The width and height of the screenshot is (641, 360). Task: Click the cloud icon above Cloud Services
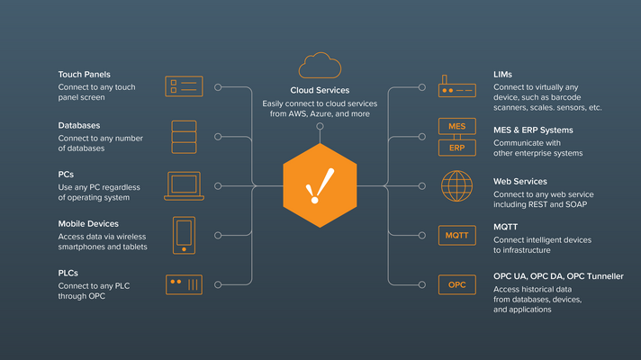click(x=320, y=66)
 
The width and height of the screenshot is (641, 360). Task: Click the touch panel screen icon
click(x=184, y=86)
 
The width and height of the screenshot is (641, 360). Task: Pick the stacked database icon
click(x=184, y=136)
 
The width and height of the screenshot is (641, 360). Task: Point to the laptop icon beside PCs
click(x=184, y=186)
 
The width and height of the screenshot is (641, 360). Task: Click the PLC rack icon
click(x=184, y=284)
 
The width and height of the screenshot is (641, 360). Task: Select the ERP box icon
click(x=456, y=147)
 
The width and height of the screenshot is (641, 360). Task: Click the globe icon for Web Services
click(x=456, y=186)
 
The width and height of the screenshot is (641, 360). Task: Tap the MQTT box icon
click(x=456, y=236)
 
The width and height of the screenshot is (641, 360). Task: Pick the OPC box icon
click(x=456, y=284)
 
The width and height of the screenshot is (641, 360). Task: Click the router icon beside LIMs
click(x=456, y=87)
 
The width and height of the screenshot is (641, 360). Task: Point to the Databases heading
click(x=79, y=125)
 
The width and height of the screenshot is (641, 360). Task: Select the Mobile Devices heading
click(x=88, y=223)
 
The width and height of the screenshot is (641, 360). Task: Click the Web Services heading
click(x=520, y=181)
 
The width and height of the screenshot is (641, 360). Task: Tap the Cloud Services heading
click(x=320, y=90)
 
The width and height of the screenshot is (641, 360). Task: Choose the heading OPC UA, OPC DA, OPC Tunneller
click(x=558, y=276)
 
